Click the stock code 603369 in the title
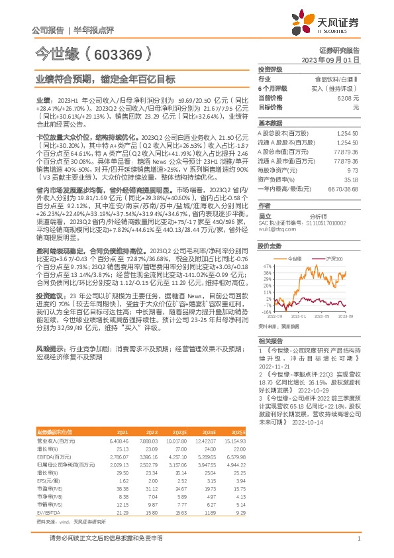[x=122, y=53]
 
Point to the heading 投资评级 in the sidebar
[x=270, y=69]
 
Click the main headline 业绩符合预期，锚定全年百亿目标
[x=106, y=79]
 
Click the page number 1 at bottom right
[x=358, y=539]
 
